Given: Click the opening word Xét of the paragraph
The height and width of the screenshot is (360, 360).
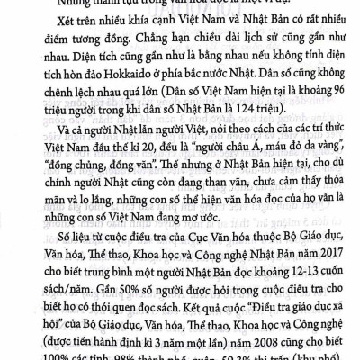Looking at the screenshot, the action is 63,37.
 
